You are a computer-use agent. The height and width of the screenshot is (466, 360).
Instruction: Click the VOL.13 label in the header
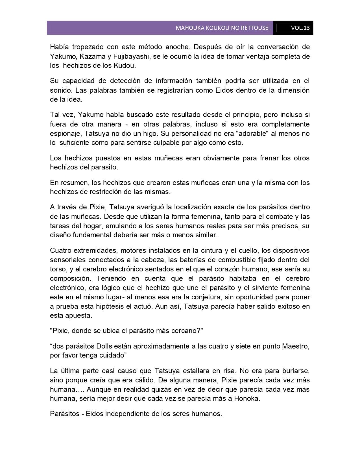(300, 28)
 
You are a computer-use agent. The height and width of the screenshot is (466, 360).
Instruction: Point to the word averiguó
(151, 207)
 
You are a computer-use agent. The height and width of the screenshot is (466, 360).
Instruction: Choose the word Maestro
(295, 346)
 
